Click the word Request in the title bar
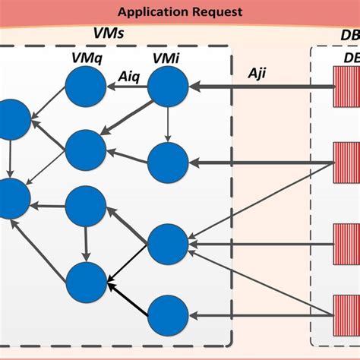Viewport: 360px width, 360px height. point(217,11)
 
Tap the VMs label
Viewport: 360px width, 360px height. point(109,35)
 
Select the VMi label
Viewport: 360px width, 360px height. point(166,59)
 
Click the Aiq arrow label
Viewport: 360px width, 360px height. point(128,75)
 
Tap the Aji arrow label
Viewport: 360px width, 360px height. point(261,72)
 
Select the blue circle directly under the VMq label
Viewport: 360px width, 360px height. point(84,88)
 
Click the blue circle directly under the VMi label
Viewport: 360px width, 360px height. point(167,88)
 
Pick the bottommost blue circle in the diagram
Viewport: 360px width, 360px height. point(167,315)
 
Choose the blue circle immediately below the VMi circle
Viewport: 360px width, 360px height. point(167,162)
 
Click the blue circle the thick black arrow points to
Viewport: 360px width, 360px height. point(86,282)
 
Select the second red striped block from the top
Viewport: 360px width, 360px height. point(346,162)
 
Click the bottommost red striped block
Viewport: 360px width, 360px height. point(346,315)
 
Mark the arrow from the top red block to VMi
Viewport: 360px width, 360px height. point(258,87)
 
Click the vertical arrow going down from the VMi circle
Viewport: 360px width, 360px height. point(167,125)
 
